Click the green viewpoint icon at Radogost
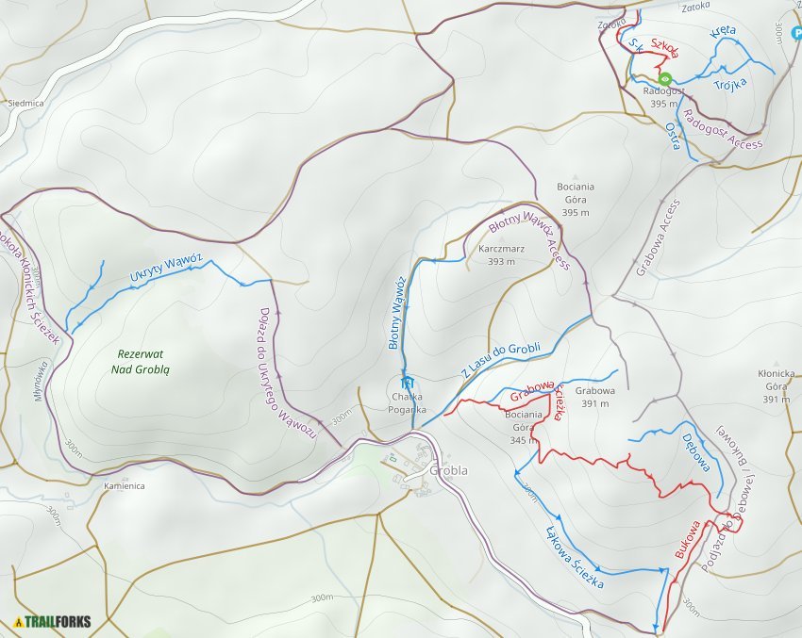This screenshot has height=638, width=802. (664, 79)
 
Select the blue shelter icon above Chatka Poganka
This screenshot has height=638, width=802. (408, 383)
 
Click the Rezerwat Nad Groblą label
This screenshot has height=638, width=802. (141, 361)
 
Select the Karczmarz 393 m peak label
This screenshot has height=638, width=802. (495, 255)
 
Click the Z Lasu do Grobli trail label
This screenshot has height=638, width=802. (501, 359)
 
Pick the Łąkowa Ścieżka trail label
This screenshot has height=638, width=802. (575, 558)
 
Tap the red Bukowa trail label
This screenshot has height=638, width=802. (687, 539)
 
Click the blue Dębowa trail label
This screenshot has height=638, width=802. (700, 452)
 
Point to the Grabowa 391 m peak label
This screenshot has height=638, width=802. (594, 396)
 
